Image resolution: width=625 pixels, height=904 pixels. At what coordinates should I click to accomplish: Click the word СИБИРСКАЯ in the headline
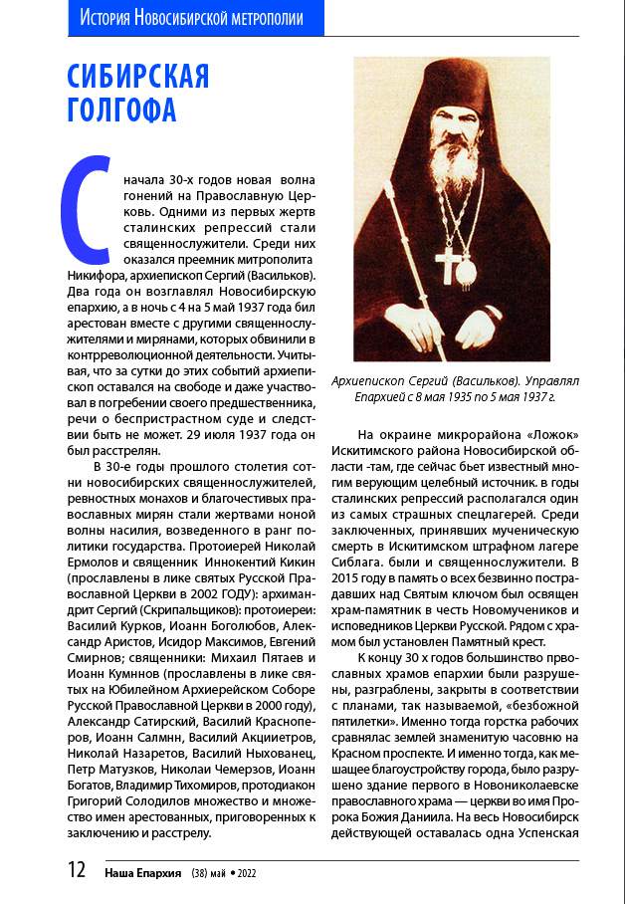click(138, 78)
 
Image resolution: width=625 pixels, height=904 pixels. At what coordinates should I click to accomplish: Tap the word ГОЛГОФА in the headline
click(121, 109)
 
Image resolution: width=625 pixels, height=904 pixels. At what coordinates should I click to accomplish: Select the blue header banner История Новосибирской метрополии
click(191, 17)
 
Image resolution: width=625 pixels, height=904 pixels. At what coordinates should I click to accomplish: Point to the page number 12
click(77, 870)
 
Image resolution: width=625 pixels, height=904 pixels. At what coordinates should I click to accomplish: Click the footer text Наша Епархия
click(142, 872)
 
